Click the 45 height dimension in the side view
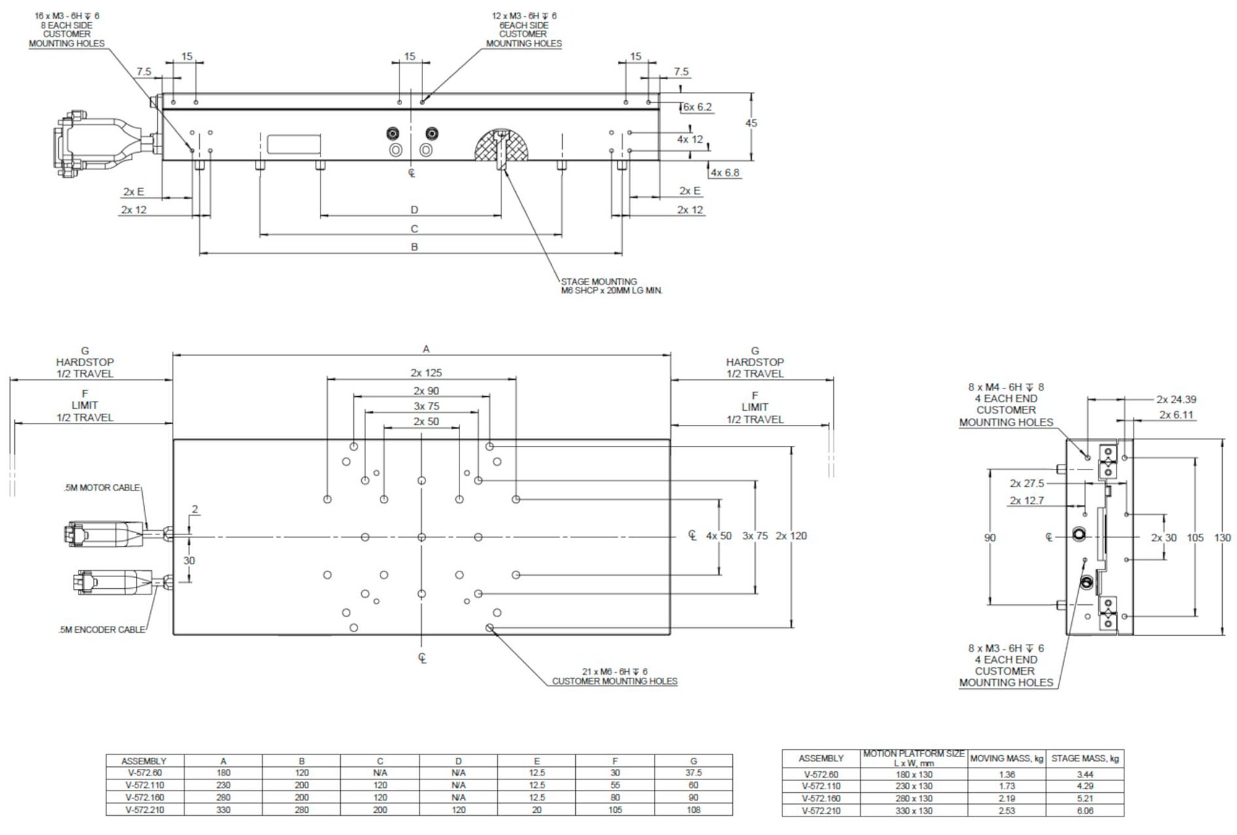pyautogui.click(x=751, y=123)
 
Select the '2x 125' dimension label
pyautogui.click(x=426, y=373)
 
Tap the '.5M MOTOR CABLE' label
pyautogui.click(x=102, y=488)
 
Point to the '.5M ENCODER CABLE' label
pyautogui.click(x=102, y=630)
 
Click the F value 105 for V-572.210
pyautogui.click(x=615, y=810)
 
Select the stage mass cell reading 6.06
pyautogui.click(x=1085, y=810)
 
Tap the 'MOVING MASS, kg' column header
pyautogui.click(x=1006, y=758)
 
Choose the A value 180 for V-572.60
pyautogui.click(x=223, y=773)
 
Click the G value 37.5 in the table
pyautogui.click(x=693, y=773)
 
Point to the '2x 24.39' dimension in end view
pyautogui.click(x=1176, y=400)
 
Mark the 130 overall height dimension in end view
pyautogui.click(x=1222, y=537)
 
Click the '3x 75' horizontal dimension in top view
pyautogui.click(x=426, y=406)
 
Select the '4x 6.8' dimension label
pyautogui.click(x=725, y=173)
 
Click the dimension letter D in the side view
pyautogui.click(x=414, y=210)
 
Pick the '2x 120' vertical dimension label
pyautogui.click(x=791, y=536)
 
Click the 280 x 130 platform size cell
pyautogui.click(x=914, y=799)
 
